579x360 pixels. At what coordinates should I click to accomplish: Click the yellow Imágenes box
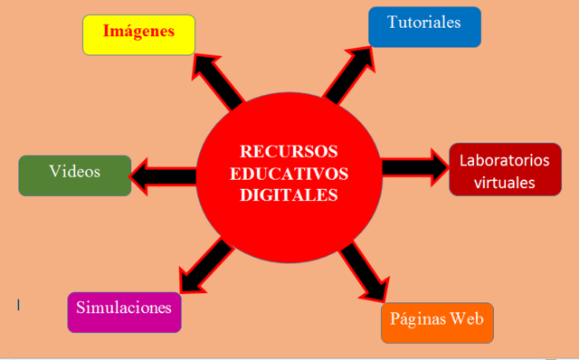click(x=138, y=34)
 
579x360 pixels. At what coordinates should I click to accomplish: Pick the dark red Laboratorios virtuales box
click(x=505, y=169)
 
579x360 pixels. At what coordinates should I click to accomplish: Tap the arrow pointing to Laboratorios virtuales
click(x=413, y=167)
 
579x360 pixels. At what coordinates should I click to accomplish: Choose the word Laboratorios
click(x=505, y=160)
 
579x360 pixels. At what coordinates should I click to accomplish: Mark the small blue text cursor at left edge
click(x=19, y=305)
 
